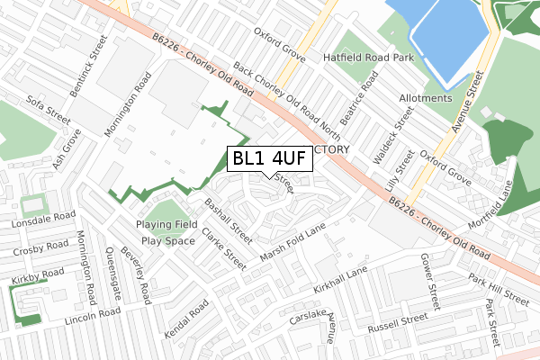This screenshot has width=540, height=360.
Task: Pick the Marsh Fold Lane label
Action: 292,243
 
